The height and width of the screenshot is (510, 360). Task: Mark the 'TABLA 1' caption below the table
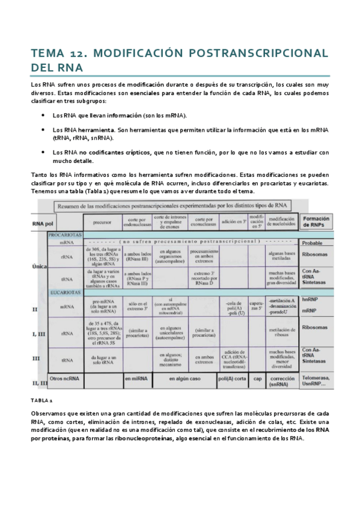(x=42, y=400)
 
